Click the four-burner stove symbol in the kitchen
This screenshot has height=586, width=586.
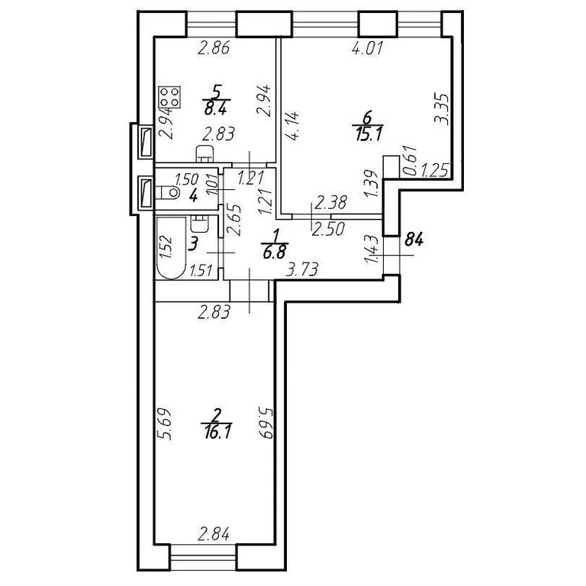point(169,98)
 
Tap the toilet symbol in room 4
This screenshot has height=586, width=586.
point(169,194)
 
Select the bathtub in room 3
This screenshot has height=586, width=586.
point(171,249)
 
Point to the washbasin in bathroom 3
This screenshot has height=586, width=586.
point(200,224)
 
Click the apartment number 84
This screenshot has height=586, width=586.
point(414,240)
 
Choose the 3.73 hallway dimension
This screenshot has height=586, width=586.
point(301,269)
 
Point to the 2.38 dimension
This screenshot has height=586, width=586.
point(330,203)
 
